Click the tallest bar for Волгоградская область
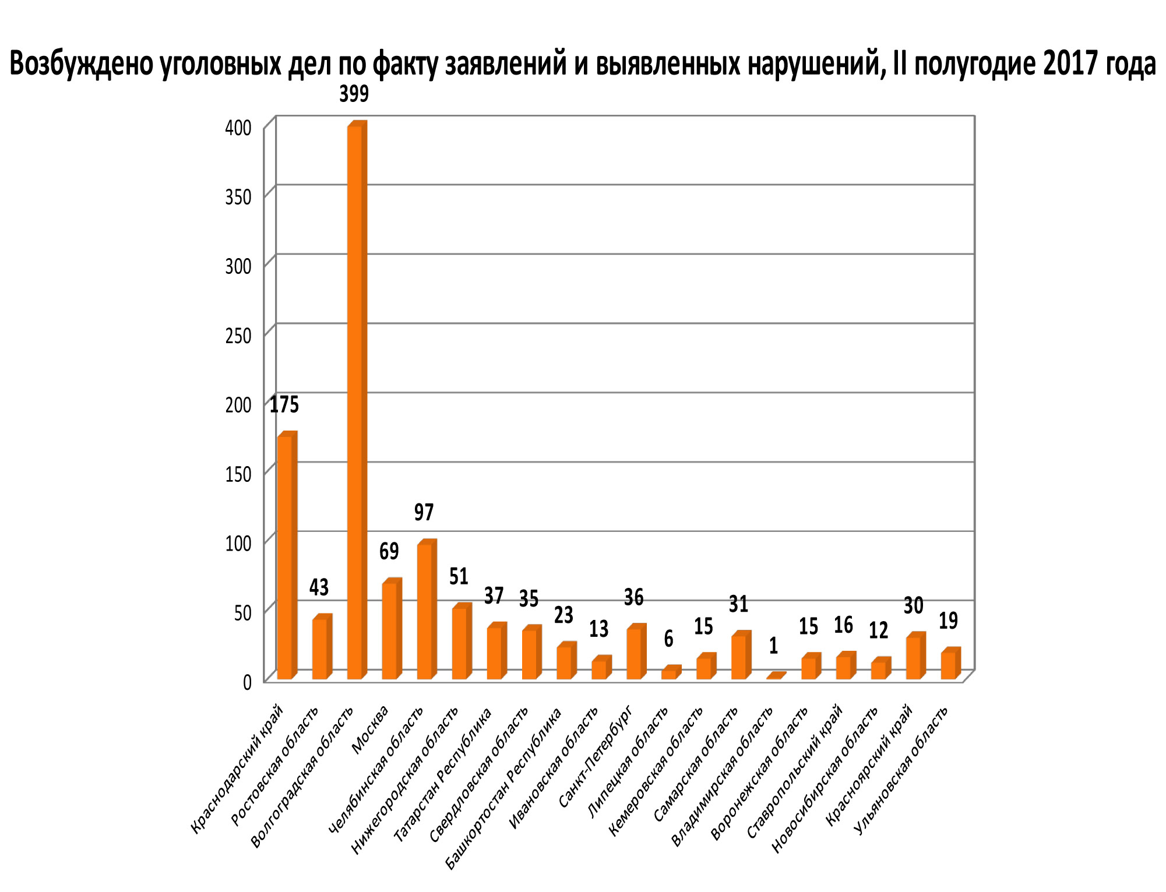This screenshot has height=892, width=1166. [355, 402]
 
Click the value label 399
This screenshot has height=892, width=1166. [354, 93]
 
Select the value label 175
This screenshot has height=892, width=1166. [284, 404]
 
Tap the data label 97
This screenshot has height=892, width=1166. [424, 512]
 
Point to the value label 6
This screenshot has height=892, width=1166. [669, 639]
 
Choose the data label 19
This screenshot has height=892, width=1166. [949, 621]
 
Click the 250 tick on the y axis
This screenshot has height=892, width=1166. [238, 336]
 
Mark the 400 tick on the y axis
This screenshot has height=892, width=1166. [238, 128]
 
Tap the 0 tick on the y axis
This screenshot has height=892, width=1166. [247, 682]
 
